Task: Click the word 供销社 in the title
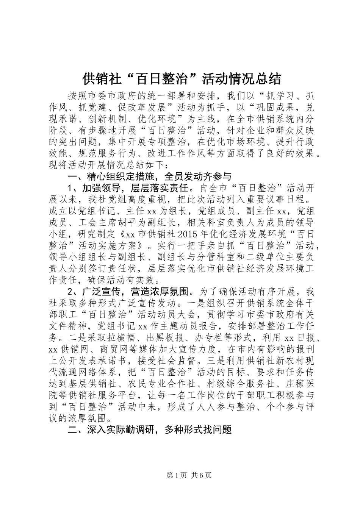pos(99,79)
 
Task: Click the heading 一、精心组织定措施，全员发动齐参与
pos(149,177)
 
